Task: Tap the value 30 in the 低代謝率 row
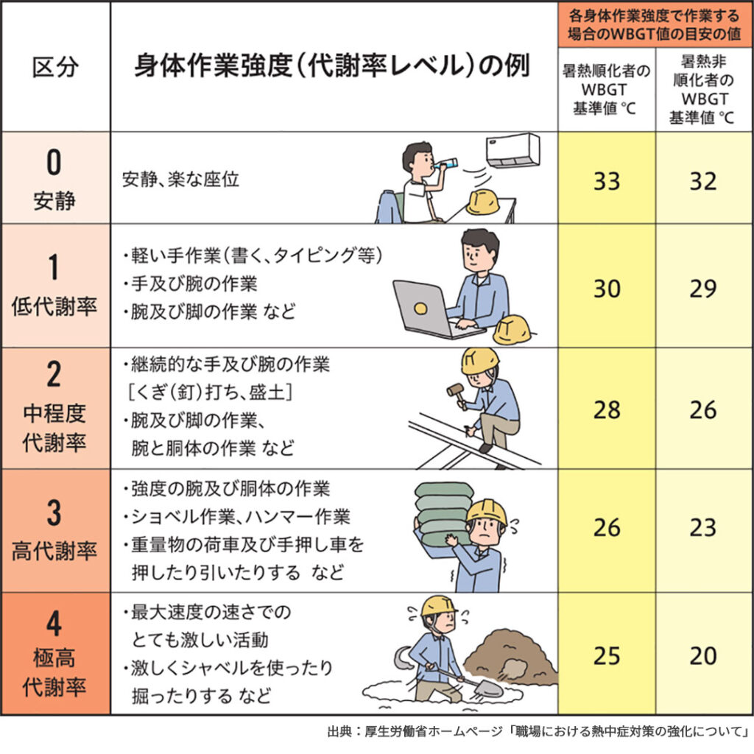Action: (606, 289)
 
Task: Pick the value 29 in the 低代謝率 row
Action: (703, 289)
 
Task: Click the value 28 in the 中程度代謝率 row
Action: (606, 410)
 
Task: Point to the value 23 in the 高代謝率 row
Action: (703, 528)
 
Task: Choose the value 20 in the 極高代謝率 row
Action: (703, 655)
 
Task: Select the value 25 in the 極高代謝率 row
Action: (606, 655)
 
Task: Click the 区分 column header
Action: (55, 68)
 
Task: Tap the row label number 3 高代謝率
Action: (54, 530)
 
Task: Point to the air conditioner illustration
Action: (512, 150)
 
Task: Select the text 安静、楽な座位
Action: (180, 180)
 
